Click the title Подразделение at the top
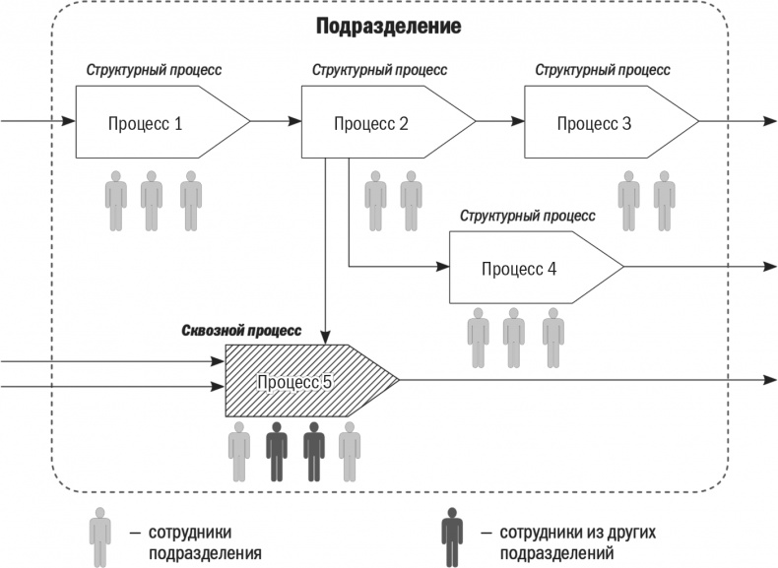(x=388, y=27)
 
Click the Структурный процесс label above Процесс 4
(x=528, y=216)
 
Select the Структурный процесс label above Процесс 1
(x=154, y=71)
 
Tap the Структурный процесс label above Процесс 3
(x=603, y=71)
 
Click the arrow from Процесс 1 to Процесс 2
(x=276, y=122)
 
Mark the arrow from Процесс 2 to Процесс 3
(x=500, y=122)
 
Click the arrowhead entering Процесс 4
(x=442, y=267)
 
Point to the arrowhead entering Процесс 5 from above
(x=325, y=338)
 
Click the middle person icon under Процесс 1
(x=151, y=201)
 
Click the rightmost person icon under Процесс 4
(x=552, y=337)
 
